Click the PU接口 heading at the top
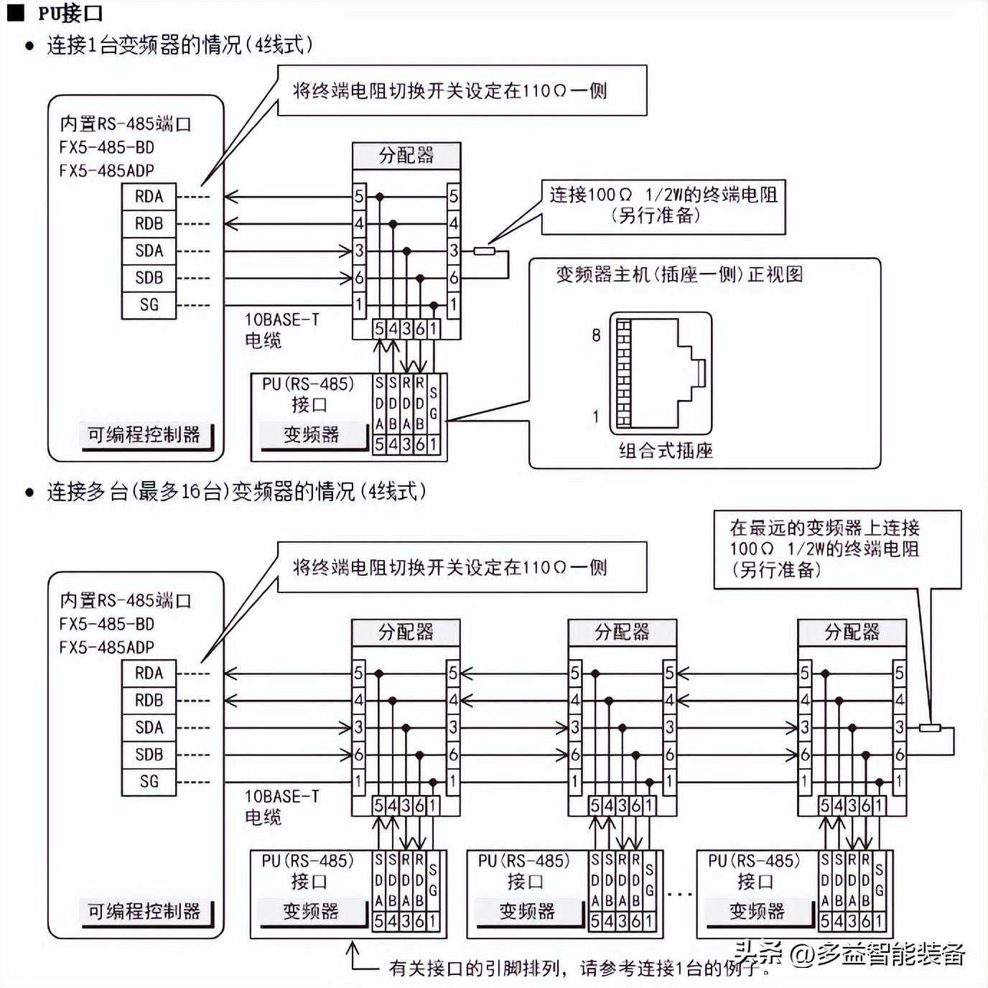pos(70,12)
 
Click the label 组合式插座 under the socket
pos(665,450)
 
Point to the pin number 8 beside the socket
pos(596,335)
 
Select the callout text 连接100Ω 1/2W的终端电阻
pos(663,195)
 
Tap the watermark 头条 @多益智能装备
pos(850,954)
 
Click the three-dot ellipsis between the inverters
pos(679,894)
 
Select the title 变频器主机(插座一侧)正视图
pos(679,274)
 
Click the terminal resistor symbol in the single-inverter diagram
pos(484,251)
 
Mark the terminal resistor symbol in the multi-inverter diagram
pos(930,727)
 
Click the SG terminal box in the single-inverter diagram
pos(149,304)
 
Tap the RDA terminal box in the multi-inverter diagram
pos(149,673)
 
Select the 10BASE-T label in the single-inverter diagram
pos(281,320)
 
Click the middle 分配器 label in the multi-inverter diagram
pos(622,632)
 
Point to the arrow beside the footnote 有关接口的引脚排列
pos(353,956)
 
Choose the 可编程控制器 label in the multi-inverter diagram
pos(144,911)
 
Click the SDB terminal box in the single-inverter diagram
pos(149,277)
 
